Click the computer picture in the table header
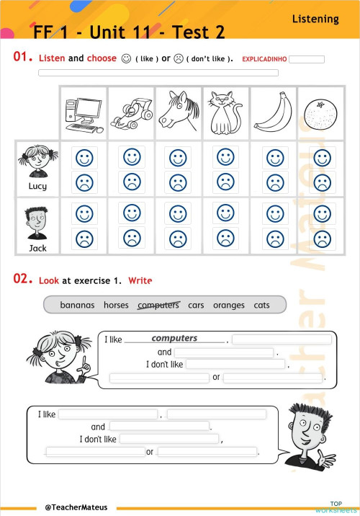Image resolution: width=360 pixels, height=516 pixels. pyautogui.click(x=84, y=113)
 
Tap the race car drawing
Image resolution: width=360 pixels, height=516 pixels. pyautogui.click(x=130, y=113)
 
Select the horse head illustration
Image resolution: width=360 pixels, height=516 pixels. pyautogui.click(x=177, y=113)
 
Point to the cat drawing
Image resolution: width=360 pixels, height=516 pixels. pyautogui.click(x=225, y=113)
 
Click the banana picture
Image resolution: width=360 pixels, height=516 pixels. pyautogui.click(x=273, y=113)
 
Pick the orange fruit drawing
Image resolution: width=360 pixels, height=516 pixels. pyautogui.click(x=320, y=114)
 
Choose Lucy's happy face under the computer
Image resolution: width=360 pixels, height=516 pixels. pyautogui.click(x=85, y=157)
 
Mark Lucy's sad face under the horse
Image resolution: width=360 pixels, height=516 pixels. pyautogui.click(x=177, y=182)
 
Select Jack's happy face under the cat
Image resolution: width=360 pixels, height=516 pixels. pyautogui.click(x=225, y=213)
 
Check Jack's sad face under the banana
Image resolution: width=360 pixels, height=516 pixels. pyautogui.click(x=274, y=237)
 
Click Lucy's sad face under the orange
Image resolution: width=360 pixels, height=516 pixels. pyautogui.click(x=322, y=182)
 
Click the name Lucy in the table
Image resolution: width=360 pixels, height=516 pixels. pyautogui.click(x=37, y=186)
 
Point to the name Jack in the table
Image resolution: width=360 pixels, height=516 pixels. pyautogui.click(x=37, y=247)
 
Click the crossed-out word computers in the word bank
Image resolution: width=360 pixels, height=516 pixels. pyautogui.click(x=158, y=305)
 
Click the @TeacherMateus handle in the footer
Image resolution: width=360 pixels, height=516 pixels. pyautogui.click(x=76, y=507)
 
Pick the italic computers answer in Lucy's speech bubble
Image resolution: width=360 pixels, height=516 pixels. pyautogui.click(x=174, y=338)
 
